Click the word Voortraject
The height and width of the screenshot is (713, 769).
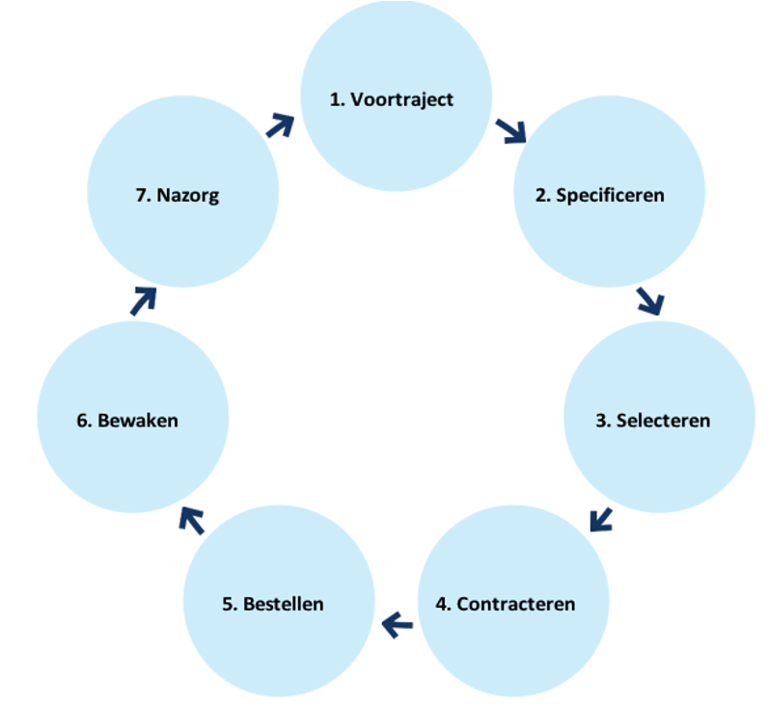pos(402,100)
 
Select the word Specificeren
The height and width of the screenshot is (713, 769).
pos(611,195)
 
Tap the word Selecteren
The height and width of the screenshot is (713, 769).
pos(665,421)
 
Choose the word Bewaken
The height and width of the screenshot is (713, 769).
pos(138,421)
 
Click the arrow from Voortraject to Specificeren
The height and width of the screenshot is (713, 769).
pos(511,131)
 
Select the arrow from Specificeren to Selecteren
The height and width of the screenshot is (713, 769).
pos(650,300)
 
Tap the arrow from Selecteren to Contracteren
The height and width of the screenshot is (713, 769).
pos(601,519)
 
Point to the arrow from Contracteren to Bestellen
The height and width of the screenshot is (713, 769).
pos(397,626)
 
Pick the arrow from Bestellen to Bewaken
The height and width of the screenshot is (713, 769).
pos(192,520)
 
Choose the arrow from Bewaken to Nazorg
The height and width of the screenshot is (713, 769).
pos(143,300)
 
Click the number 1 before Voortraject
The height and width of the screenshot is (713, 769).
pos(336,100)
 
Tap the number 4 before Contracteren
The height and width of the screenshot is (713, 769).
pos(442,605)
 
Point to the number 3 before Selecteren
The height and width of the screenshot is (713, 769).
pos(601,421)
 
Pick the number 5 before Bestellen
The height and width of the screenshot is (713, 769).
pos(228,605)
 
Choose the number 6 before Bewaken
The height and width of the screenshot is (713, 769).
pos(82,421)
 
